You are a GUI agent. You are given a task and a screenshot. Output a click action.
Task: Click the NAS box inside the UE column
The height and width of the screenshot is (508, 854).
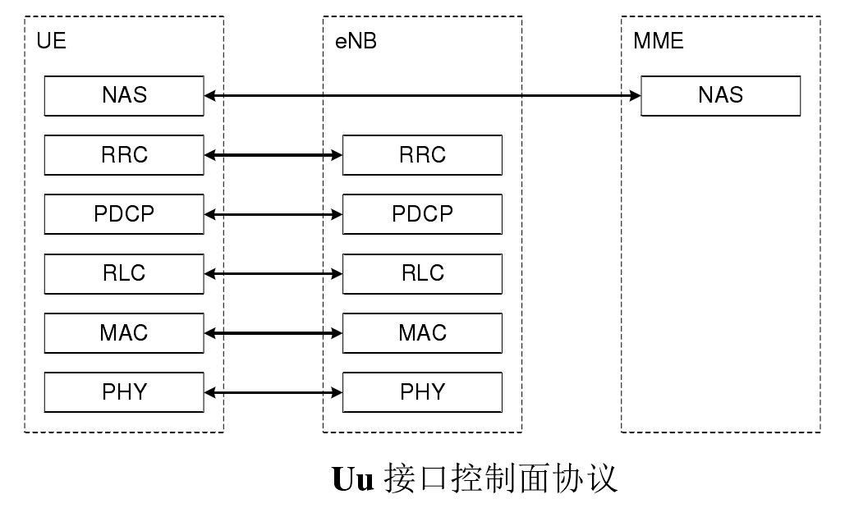(x=124, y=95)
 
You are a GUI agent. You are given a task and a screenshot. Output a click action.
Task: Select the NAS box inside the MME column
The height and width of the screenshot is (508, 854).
(x=720, y=95)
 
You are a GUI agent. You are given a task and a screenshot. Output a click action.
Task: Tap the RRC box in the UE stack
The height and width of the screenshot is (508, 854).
(x=124, y=154)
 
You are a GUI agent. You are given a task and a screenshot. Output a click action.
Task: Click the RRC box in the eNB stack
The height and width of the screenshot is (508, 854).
(x=422, y=154)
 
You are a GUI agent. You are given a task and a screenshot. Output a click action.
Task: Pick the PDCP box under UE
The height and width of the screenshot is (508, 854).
(x=124, y=214)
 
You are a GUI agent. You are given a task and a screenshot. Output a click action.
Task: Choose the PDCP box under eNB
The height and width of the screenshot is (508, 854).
(x=422, y=214)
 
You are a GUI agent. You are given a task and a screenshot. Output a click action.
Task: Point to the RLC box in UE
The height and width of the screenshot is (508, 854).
(x=124, y=273)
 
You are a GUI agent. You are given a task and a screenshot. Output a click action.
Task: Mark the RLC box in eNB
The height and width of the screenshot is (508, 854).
(x=422, y=273)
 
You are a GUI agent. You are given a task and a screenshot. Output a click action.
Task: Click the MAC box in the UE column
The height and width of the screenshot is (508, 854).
(x=124, y=333)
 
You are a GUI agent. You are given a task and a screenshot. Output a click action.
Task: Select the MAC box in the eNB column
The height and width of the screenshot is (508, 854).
(x=422, y=333)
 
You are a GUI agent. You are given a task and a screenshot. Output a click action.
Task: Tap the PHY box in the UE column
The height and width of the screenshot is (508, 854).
(x=124, y=392)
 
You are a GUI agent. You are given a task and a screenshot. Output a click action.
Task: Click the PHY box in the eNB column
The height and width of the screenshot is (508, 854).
(x=422, y=392)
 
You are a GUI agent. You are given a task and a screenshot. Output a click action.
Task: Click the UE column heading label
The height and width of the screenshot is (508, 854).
(x=51, y=41)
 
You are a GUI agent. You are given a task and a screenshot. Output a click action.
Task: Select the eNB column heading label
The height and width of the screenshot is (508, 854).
(x=356, y=41)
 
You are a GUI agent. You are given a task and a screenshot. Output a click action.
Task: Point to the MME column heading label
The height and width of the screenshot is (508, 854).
(x=659, y=41)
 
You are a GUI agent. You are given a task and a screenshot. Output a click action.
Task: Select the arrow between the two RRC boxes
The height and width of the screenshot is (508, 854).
(x=273, y=154)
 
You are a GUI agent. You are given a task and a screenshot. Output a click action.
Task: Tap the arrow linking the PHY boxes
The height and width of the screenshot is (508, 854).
(x=273, y=393)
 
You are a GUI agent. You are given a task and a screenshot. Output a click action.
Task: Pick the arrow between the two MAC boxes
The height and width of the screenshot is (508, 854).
(x=273, y=333)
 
